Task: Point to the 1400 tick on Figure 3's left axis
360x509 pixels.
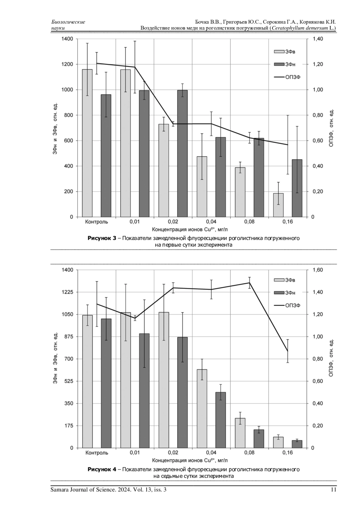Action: (67, 39)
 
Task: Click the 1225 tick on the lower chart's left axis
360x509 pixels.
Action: (67, 292)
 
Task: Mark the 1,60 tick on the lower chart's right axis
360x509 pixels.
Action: (318, 270)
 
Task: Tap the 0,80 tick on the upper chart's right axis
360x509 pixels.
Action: (318, 115)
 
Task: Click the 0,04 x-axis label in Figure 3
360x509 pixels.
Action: (211, 222)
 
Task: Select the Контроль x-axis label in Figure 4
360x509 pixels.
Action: (97, 453)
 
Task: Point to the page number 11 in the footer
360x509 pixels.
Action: (333, 490)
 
